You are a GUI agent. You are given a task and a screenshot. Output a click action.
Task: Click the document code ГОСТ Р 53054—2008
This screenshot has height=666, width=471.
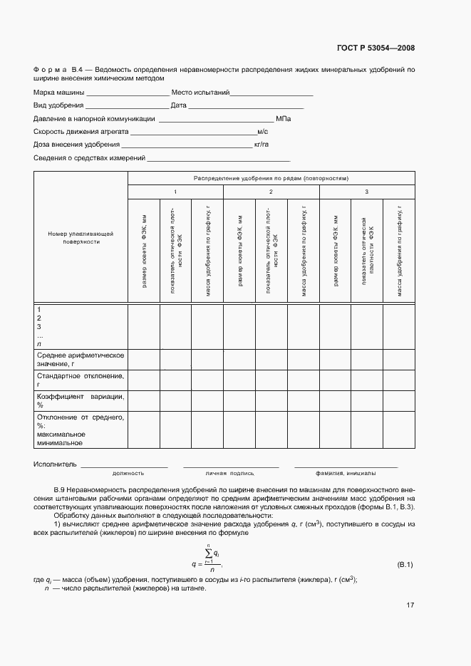375,48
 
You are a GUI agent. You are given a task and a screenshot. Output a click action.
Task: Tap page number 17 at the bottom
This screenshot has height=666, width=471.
410,605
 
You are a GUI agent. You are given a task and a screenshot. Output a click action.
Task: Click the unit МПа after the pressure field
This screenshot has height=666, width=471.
284,119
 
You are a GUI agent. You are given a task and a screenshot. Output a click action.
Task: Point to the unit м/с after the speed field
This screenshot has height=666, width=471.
262,132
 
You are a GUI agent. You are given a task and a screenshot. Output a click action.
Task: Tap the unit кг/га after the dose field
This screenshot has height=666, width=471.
261,145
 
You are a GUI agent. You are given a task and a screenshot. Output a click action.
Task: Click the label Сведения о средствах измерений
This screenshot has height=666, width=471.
89,157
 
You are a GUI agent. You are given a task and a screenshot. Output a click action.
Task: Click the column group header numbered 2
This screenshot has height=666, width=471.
271,192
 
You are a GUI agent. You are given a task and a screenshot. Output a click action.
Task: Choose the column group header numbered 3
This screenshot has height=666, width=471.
366,192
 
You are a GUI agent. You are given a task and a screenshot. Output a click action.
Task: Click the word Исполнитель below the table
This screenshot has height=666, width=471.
55,464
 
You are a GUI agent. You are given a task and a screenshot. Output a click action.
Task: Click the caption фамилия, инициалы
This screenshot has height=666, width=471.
346,473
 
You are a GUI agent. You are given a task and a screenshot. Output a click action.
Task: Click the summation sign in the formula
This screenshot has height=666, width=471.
209,556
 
